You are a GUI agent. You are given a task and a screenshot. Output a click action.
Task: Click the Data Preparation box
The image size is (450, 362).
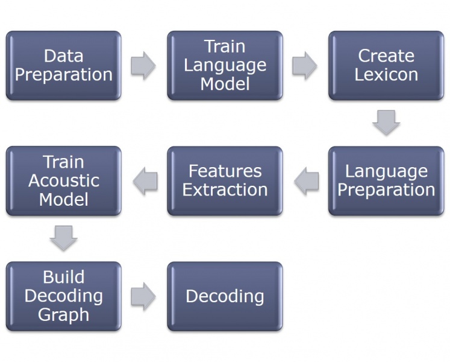(63, 66)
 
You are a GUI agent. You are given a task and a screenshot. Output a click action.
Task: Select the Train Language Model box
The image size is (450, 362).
(225, 66)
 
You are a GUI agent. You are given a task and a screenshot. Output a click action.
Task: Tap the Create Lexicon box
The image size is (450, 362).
(386, 66)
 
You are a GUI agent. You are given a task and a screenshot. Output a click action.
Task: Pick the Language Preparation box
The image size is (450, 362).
(386, 181)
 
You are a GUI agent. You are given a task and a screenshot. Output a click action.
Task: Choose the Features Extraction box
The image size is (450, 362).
(225, 181)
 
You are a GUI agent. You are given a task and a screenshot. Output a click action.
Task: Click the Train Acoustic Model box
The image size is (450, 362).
(63, 181)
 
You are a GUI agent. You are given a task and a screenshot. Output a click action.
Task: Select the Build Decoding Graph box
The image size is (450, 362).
(63, 296)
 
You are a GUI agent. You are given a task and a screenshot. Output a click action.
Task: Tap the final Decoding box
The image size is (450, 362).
(225, 296)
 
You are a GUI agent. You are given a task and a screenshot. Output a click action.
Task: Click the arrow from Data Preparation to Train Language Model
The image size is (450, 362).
(143, 66)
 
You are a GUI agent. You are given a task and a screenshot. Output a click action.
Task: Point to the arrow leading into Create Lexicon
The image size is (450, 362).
(305, 66)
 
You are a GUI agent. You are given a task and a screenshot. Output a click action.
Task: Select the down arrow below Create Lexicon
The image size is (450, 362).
(386, 122)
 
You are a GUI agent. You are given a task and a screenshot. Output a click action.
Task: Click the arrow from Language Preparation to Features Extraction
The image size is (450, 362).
(306, 181)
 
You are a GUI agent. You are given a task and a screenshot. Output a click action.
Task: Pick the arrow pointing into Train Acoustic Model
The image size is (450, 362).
(145, 181)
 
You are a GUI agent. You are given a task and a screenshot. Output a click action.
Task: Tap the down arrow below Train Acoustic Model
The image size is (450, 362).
(63, 238)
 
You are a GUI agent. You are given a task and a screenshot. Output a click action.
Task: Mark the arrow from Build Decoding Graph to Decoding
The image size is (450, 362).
(143, 296)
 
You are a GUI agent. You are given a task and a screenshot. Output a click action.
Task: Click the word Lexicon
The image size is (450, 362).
(386, 75)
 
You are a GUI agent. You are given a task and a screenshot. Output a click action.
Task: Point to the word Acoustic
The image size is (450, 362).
(64, 180)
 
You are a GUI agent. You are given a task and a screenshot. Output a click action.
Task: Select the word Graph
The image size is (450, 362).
(63, 315)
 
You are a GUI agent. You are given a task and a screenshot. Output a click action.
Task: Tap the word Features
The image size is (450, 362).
(225, 171)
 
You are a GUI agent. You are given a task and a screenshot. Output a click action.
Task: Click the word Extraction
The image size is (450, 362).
(225, 190)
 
